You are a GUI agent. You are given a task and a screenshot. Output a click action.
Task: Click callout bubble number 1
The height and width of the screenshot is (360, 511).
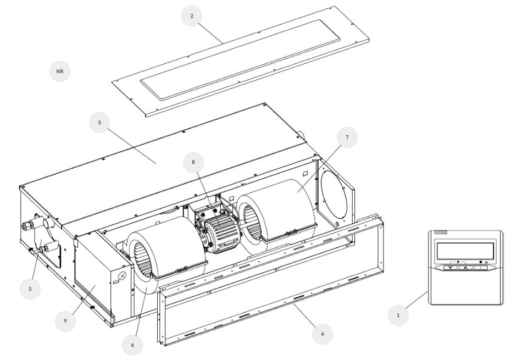click(398, 315)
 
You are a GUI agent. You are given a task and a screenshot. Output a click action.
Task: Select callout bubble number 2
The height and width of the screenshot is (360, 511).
click(192, 15)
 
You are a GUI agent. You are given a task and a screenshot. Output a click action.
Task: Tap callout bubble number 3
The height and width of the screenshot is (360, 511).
click(99, 122)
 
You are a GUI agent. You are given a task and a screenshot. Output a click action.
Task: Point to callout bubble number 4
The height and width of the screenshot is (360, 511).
click(323, 334)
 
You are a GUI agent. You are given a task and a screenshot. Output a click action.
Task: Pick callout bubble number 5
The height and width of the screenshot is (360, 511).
click(30, 289)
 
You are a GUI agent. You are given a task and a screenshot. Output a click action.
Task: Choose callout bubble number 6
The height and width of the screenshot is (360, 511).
click(132, 345)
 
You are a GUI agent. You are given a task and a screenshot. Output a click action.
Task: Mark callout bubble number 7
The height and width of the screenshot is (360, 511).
click(347, 137)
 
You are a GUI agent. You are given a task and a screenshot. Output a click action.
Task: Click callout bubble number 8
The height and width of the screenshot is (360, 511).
click(193, 162)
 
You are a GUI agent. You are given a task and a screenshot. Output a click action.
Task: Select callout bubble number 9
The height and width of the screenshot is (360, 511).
click(65, 320)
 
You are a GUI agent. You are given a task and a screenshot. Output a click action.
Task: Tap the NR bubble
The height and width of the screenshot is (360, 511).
click(60, 71)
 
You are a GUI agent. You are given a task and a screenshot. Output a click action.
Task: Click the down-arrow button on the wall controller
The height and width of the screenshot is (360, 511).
click(451, 268)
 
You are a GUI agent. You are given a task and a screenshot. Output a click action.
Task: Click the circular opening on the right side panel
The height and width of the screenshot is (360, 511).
click(334, 193)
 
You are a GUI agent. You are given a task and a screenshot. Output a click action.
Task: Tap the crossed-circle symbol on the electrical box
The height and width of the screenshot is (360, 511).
click(122, 276)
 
